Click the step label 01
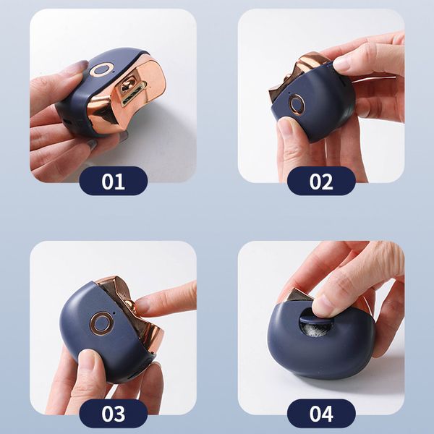click(x=113, y=181)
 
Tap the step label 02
click(x=321, y=181)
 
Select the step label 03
click(x=113, y=414)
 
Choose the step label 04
click(x=321, y=414)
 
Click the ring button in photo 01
click(x=101, y=70)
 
